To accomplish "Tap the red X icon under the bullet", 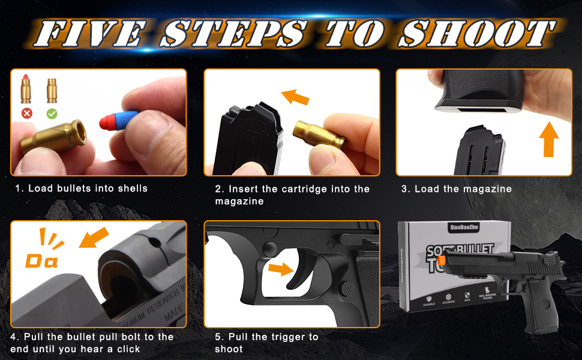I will coord(26,113).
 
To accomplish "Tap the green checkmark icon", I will coord(52,113).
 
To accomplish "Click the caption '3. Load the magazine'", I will coord(457,189).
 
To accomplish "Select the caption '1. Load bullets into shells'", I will coord(82,188).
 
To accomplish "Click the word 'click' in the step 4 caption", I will coord(127,349).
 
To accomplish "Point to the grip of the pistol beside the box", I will coord(541,306).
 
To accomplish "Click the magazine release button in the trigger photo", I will coord(347,287).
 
